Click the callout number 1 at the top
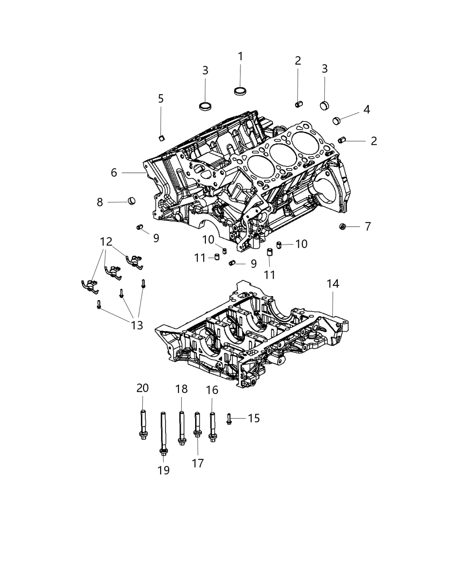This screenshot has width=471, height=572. pos(240,57)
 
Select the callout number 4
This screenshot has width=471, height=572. pos(366,109)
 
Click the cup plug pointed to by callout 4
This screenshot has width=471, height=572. pos(337,120)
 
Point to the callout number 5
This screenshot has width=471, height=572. pos(161,98)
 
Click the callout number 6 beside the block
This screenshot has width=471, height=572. pos(114,172)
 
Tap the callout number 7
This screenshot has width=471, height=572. pos(368,227)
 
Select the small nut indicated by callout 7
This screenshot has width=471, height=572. pos(342,227)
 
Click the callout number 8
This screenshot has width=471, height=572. pos(100,202)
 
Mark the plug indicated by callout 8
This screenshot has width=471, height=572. pos(132,200)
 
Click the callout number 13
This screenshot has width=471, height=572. pos(137,325)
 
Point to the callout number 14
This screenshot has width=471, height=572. pos(333,284)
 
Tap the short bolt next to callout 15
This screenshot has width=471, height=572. pos(229,419)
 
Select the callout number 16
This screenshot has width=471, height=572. pos(212,390)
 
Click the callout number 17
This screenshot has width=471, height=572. pos(198,463)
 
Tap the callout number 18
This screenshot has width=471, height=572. pos(181,389)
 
